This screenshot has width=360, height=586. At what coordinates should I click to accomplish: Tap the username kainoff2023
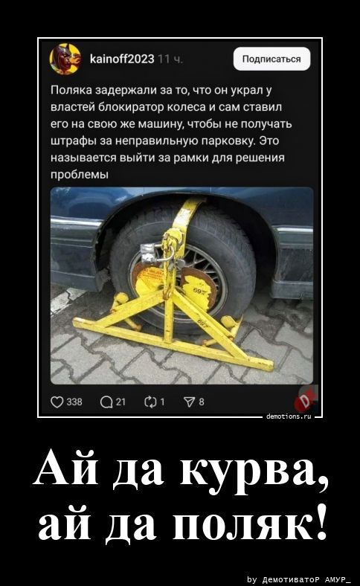pyautogui.click(x=121, y=58)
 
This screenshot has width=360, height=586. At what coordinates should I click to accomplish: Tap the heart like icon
pyautogui.click(x=57, y=402)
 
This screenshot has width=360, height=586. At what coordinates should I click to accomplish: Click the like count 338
pyautogui.click(x=74, y=402)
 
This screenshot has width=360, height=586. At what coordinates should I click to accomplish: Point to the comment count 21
pyautogui.click(x=121, y=402)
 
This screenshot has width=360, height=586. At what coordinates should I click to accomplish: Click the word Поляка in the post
pyautogui.click(x=71, y=88)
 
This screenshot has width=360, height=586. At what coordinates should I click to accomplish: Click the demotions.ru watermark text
pyautogui.click(x=289, y=418)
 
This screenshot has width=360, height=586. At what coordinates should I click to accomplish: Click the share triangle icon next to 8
pyautogui.click(x=188, y=402)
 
